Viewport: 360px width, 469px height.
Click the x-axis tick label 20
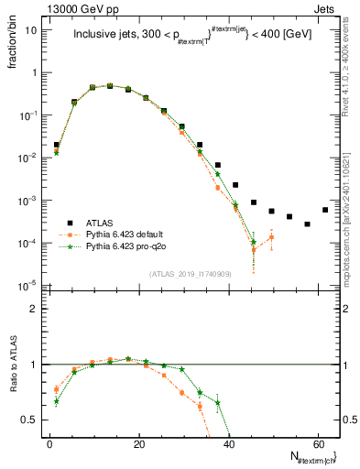pos(137,442)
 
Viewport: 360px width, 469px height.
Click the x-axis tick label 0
pos(49,442)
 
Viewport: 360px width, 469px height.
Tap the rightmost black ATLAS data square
pos(325,210)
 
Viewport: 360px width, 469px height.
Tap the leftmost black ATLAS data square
pos(57,145)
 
